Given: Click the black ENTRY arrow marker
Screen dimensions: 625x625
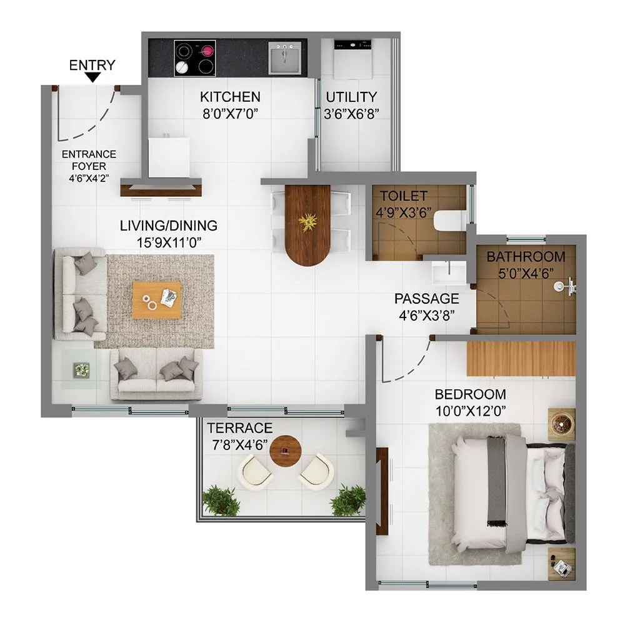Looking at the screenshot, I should click(x=93, y=77).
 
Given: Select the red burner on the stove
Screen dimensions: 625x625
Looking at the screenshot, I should click(x=206, y=51).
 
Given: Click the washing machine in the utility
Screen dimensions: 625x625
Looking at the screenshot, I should click(x=352, y=59).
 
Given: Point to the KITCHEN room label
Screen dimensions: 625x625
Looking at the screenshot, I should click(x=229, y=97).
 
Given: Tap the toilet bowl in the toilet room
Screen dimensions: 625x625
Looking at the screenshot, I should click(x=449, y=221).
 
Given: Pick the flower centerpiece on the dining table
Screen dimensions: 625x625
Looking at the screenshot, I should click(x=307, y=222).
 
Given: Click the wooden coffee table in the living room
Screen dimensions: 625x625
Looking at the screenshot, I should click(x=156, y=300).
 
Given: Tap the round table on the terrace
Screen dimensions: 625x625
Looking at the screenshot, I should click(x=286, y=450).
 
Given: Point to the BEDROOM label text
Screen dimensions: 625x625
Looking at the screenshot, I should click(x=470, y=394).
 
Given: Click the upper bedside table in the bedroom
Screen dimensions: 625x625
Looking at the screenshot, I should click(x=562, y=424).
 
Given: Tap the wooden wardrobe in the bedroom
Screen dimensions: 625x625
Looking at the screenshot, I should click(x=520, y=359).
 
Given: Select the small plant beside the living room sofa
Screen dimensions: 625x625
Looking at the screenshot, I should click(x=81, y=370).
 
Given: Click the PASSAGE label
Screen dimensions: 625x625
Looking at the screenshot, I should click(x=426, y=299).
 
